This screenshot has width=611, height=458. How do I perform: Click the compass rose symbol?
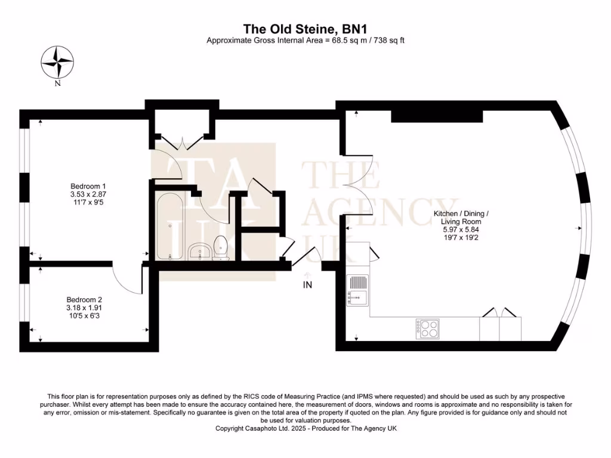[x=57, y=62]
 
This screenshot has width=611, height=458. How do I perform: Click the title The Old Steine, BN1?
[x=305, y=29]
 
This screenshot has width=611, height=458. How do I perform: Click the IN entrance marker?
[x=307, y=285]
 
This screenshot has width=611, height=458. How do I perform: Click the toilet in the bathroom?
[x=221, y=247]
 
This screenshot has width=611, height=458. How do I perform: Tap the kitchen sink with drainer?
[x=357, y=290]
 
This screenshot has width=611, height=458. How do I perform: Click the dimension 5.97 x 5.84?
[x=461, y=230]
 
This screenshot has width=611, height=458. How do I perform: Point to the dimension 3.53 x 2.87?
[x=88, y=194]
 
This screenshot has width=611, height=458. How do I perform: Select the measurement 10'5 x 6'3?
[x=84, y=316]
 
